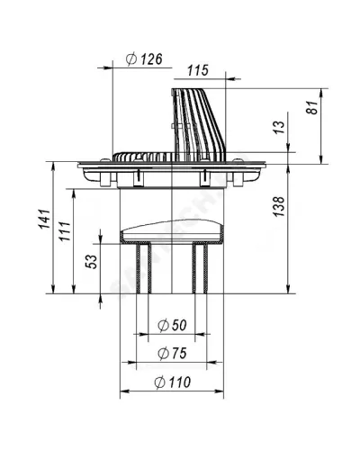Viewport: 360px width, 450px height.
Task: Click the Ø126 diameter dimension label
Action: point(144,59)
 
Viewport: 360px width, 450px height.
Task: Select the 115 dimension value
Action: point(198,70)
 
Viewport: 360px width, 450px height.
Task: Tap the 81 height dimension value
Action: point(313,107)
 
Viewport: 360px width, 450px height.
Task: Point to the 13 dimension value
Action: point(279,127)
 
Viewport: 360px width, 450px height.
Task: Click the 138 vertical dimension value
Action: point(279,206)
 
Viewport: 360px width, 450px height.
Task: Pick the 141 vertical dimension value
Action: point(45,219)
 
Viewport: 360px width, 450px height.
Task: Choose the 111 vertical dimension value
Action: point(65,231)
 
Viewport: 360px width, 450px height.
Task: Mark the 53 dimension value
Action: point(92,262)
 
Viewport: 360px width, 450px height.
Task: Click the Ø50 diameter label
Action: point(172,325)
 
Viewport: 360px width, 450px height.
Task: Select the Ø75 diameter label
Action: point(172,353)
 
